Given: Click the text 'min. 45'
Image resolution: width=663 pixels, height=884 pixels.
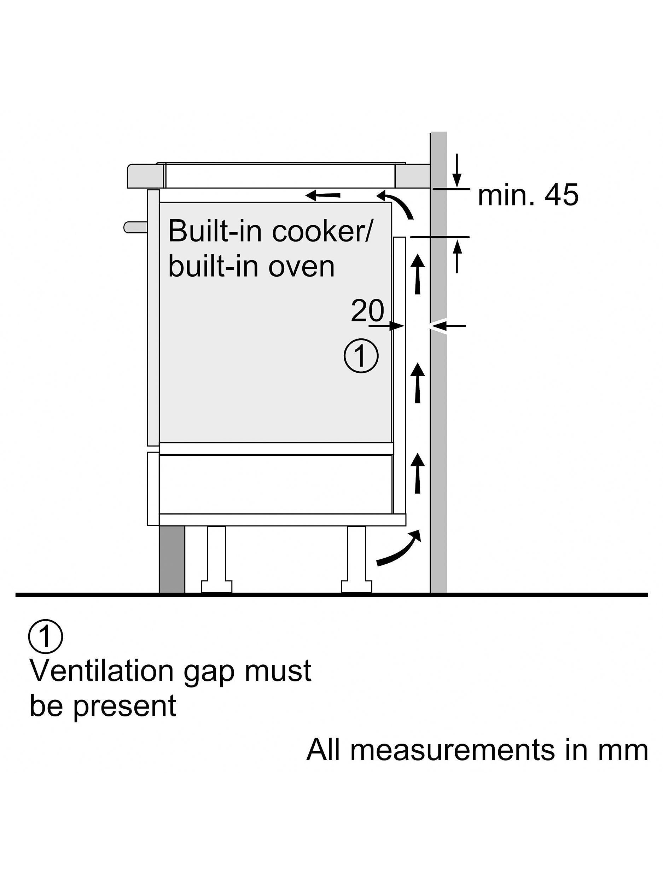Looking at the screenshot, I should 528,196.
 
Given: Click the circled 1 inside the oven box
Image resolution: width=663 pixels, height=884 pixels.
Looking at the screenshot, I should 361,356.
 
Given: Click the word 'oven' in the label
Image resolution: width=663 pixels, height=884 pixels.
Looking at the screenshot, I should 301,267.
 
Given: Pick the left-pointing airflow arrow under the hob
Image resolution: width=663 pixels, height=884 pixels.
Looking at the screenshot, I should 323,196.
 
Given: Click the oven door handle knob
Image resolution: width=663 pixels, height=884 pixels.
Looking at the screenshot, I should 135,227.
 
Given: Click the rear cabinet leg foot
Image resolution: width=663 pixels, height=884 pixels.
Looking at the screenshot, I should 356,586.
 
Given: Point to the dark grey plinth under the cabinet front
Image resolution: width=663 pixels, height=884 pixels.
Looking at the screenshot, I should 172,559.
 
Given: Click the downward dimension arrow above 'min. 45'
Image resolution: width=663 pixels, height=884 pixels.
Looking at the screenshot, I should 458,170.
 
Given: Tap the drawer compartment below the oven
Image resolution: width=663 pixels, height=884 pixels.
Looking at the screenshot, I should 276,484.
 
